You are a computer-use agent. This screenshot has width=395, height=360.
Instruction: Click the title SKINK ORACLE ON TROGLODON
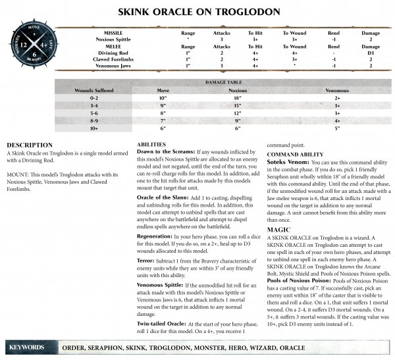(197, 12)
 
